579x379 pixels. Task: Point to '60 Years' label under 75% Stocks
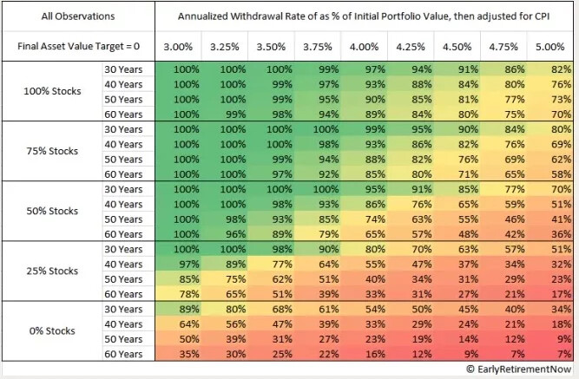[x=125, y=173]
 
